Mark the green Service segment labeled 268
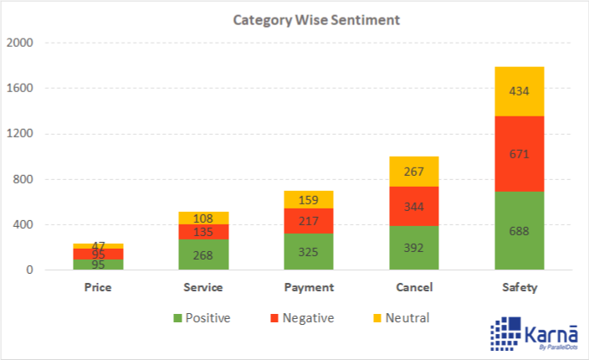pos(203,255)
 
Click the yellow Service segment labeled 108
pos(203,218)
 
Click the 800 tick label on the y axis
pos(23,179)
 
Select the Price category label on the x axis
pos(99,287)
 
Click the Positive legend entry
pos(201,317)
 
